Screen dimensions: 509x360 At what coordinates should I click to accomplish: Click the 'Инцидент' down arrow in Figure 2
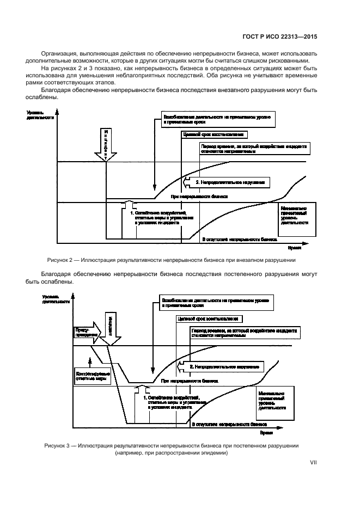[106, 144]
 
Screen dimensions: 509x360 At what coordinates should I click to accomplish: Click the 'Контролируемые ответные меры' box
[87, 376]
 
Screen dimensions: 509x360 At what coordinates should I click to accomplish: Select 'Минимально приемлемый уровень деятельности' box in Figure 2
[294, 216]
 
